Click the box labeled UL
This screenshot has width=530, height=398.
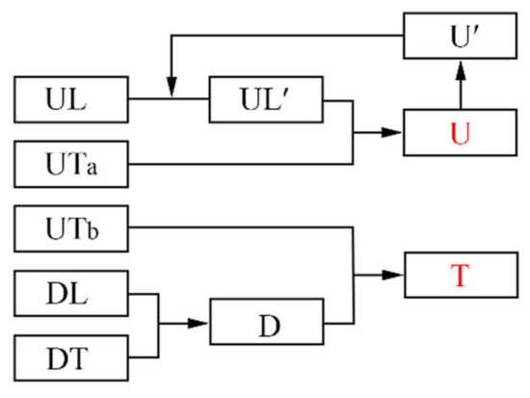(x=70, y=99)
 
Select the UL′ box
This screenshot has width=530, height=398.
(x=267, y=99)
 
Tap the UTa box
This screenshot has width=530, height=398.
(x=70, y=165)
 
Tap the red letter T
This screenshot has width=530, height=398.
(x=461, y=275)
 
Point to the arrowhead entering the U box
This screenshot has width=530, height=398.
(x=394, y=132)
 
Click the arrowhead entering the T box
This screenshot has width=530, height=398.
(x=394, y=275)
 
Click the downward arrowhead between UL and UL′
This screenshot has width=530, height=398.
(x=170, y=90)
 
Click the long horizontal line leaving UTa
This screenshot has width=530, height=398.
(x=241, y=165)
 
